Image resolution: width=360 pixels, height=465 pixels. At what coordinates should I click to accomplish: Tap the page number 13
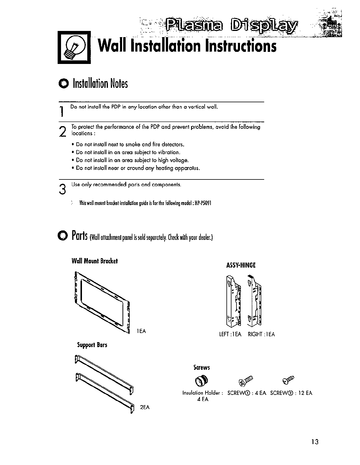(315, 442)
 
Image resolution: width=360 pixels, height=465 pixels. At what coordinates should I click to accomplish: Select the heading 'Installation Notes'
(100, 84)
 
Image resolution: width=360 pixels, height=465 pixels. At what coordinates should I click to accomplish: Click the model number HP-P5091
(203, 203)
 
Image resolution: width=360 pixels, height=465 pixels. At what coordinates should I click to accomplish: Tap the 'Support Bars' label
(92, 345)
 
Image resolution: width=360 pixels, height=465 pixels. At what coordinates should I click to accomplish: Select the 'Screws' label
(202, 367)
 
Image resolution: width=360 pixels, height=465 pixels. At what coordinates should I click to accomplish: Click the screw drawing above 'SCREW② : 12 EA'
(288, 380)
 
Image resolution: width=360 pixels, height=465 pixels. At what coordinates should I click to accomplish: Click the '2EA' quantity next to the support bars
(145, 407)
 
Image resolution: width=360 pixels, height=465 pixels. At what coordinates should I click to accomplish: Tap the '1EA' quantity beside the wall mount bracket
(141, 331)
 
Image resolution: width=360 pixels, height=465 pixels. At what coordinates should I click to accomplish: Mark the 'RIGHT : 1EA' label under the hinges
(262, 334)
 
